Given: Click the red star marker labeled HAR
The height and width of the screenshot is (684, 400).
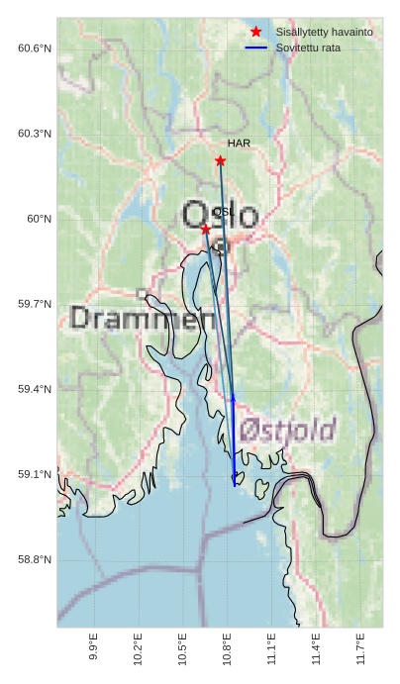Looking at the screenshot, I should (x=220, y=160).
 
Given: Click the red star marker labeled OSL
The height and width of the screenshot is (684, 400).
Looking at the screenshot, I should (x=205, y=229).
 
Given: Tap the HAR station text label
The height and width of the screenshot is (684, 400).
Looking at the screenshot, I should (x=239, y=144).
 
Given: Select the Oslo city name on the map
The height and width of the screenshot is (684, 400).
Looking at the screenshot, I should (x=220, y=216).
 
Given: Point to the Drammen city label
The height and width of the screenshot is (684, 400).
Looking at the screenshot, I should (x=144, y=319).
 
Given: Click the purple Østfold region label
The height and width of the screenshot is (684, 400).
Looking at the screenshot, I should (x=288, y=430).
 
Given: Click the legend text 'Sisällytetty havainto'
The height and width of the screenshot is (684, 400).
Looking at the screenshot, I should (x=324, y=33).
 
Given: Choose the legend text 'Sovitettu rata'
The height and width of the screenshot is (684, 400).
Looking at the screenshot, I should (x=308, y=48).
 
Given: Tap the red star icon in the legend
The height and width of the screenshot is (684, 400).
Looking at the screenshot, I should (x=256, y=33).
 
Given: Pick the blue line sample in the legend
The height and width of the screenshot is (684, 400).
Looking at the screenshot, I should (x=256, y=48).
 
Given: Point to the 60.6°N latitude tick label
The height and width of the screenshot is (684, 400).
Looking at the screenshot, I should (x=35, y=49).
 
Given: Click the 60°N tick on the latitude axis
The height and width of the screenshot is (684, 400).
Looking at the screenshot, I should (x=40, y=219).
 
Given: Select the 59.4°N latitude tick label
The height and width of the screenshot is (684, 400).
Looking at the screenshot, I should (x=35, y=389).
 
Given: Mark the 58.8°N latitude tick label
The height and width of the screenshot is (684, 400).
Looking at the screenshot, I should (x=35, y=559).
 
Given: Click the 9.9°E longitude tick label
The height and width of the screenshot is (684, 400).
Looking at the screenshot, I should (x=93, y=646).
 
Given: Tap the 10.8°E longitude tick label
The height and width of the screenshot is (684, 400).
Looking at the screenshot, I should (x=227, y=646).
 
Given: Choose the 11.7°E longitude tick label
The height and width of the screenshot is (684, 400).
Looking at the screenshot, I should (x=360, y=646).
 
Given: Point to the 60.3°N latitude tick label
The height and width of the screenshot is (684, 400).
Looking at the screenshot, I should (x=35, y=134).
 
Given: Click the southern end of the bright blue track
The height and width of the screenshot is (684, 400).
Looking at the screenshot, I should (x=235, y=485).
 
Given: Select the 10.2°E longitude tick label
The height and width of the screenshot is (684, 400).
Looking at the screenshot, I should (x=138, y=646).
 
